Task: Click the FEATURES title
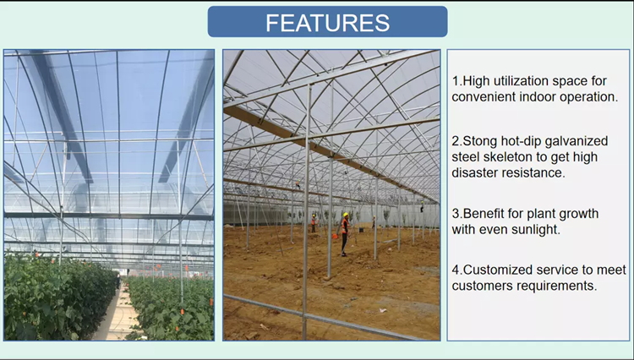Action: click(x=327, y=22)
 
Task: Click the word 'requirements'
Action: click(x=559, y=286)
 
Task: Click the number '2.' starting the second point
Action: click(x=457, y=140)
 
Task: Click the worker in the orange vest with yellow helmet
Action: click(x=344, y=232)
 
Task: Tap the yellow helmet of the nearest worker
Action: click(x=345, y=215)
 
